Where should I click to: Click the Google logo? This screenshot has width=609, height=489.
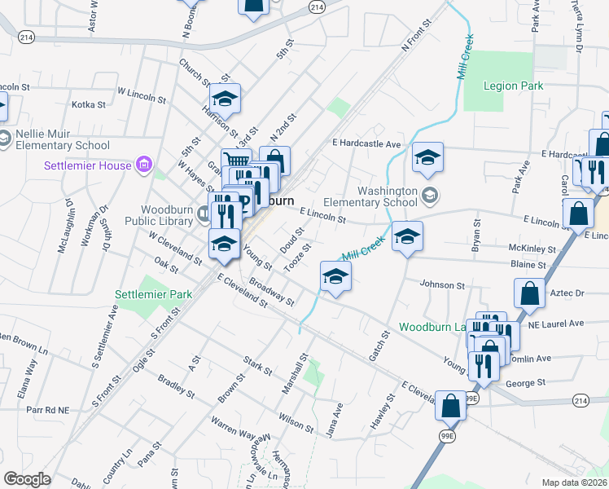pyautogui.click(x=27, y=479)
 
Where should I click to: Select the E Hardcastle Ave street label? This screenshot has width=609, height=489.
pyautogui.click(x=366, y=144)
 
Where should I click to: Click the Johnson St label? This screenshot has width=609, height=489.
pyautogui.click(x=442, y=285)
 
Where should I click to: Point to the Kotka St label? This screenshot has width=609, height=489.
pyautogui.click(x=89, y=104)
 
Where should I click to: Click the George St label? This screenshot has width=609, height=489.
pyautogui.click(x=525, y=382)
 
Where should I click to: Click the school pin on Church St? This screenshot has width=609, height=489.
pyautogui.click(x=225, y=100)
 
